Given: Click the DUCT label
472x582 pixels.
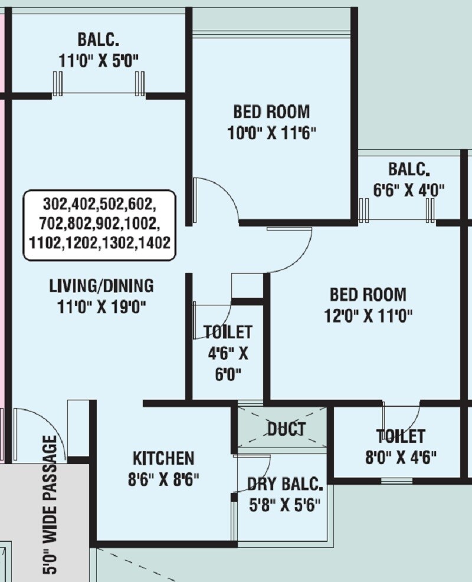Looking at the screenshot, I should coord(287,429).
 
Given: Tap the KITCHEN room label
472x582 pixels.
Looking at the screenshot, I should coord(163,458).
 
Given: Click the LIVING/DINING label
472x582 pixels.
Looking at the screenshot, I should coord(101,286).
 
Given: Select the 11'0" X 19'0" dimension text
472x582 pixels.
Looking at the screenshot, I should coord(101,307).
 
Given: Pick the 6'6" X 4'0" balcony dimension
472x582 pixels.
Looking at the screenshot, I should coord(409,190).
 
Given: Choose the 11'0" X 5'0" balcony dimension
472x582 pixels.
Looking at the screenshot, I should coord(99,61).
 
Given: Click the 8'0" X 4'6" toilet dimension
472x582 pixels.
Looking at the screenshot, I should coord(401,458).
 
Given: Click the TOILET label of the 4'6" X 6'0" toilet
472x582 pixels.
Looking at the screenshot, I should coord(228,332).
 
